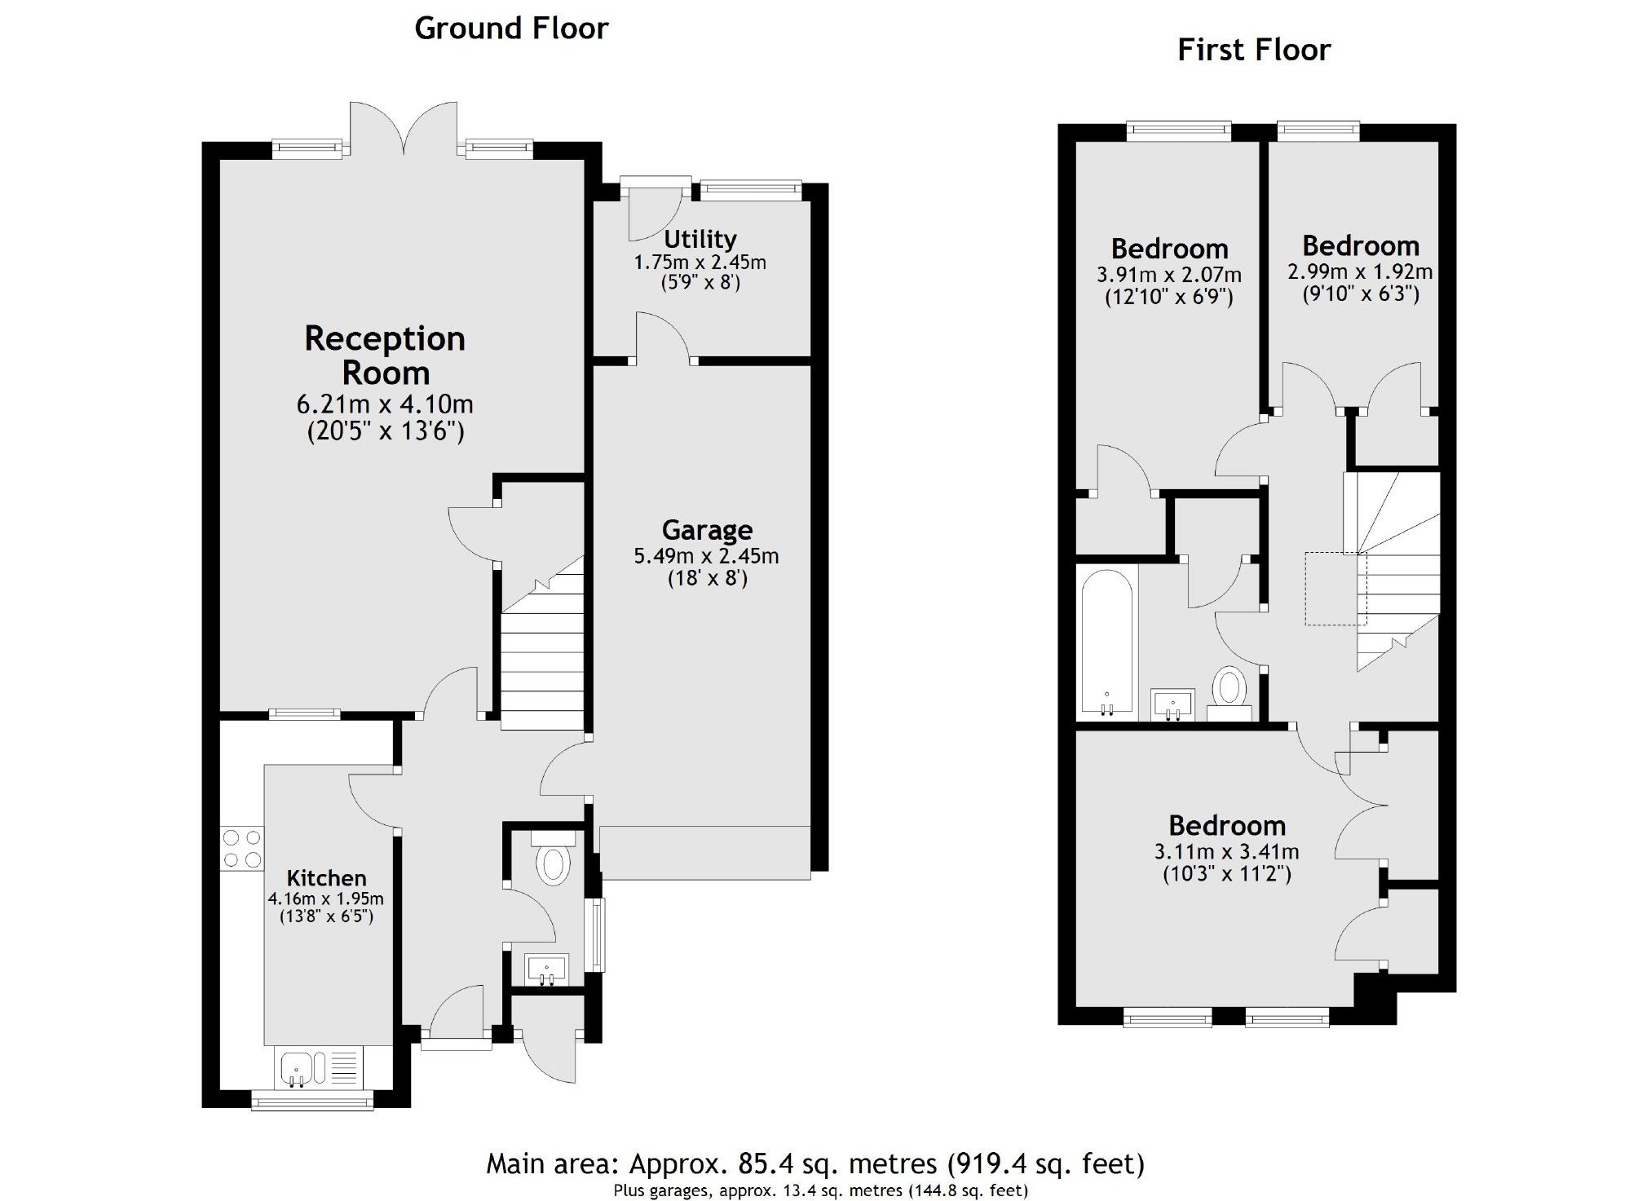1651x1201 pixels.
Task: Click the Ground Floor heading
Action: coord(511,29)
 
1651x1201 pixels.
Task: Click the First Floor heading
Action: coord(1253,51)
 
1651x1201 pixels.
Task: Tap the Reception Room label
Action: coord(385,355)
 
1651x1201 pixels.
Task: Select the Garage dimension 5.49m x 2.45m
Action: coord(706,557)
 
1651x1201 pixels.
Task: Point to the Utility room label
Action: coord(700,239)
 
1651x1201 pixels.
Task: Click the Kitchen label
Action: coord(326,878)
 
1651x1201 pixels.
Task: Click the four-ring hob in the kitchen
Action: coord(242,848)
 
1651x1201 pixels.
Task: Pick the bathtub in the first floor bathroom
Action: coord(1106,642)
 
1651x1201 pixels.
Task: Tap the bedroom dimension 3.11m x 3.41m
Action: coord(1226,852)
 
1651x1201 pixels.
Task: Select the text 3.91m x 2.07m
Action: coord(1168,275)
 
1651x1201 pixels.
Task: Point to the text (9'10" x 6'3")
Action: coord(1360,294)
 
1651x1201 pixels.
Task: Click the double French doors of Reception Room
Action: coord(404,130)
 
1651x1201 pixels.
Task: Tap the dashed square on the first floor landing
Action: coord(1335,589)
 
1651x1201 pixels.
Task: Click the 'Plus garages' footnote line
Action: coord(820,1190)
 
